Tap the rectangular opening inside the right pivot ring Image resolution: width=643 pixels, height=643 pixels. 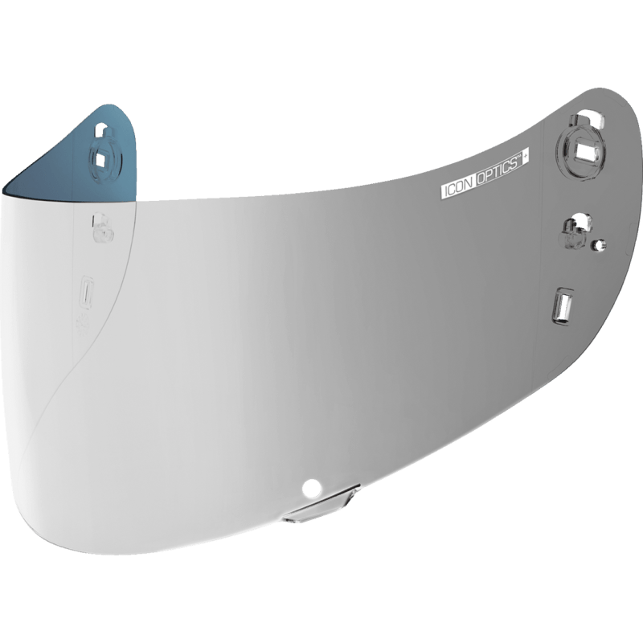583,149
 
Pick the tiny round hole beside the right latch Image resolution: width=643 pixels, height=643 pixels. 600,244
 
